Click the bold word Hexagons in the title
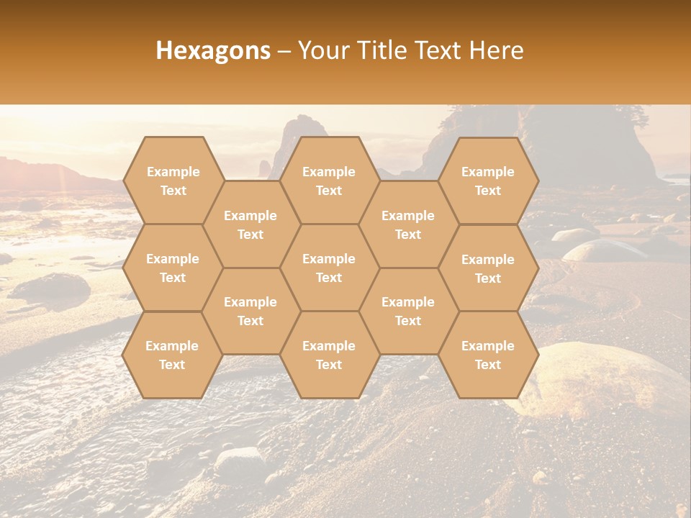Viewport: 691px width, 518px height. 213,50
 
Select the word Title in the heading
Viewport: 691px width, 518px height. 384,50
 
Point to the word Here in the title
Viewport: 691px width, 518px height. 496,50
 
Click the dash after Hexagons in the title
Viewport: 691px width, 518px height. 284,50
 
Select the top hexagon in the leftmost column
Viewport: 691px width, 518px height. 173,181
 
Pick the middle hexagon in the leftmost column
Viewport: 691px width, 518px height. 173,268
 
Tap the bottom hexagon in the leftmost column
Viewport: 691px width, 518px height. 173,355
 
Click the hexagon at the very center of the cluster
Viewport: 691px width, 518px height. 329,268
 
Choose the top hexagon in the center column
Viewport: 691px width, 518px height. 329,181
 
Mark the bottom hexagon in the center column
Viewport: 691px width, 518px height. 329,355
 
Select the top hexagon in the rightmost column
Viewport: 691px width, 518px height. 488,181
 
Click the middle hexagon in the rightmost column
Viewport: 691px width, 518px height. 488,268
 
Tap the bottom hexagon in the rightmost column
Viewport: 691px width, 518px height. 488,355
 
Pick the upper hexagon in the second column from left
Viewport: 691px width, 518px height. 250,224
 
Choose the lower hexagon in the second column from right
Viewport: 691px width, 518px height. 408,311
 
